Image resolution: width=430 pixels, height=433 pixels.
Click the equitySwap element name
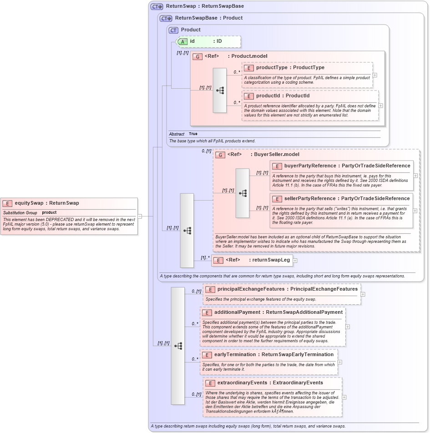(29, 203)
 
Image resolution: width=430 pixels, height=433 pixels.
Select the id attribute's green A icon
(182, 41)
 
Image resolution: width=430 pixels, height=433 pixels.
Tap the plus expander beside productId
(381, 106)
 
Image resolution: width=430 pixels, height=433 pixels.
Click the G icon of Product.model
(197, 56)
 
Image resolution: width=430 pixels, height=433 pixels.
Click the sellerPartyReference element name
(303, 199)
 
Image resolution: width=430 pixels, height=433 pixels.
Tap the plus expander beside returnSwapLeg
(295, 261)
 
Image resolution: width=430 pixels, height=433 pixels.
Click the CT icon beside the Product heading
(173, 30)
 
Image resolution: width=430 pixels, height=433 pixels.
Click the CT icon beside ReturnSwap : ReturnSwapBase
(157, 6)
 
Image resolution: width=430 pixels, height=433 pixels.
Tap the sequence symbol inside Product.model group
(220, 91)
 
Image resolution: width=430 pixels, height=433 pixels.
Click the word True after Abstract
(193, 134)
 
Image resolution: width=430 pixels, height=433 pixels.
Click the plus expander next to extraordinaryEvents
(344, 397)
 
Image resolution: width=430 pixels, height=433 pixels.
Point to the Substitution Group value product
(49, 213)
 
